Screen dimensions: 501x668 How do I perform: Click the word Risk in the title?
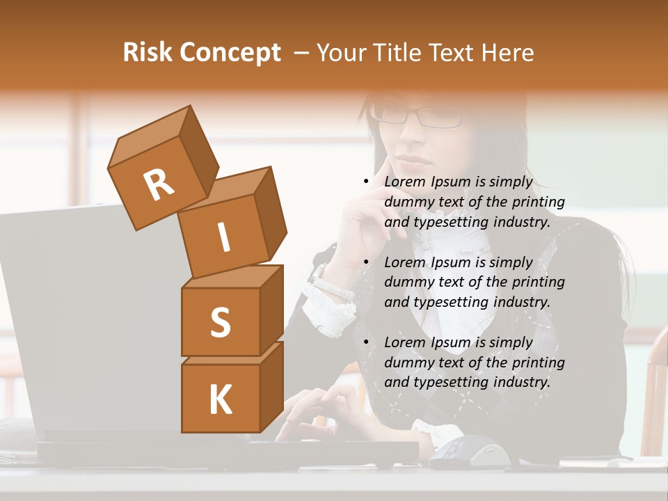pos(148,53)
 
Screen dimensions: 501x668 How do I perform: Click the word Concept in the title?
pos(231,54)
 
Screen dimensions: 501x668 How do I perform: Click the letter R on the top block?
pos(159,184)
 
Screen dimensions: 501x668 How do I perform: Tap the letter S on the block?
pos(220,322)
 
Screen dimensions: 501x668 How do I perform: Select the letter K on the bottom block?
pos(220,400)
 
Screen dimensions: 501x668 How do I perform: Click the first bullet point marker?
pos(366,182)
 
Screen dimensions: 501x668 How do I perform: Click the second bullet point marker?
pos(366,262)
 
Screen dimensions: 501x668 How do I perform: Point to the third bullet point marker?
pos(366,342)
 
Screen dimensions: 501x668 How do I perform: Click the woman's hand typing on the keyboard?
pos(320,411)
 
